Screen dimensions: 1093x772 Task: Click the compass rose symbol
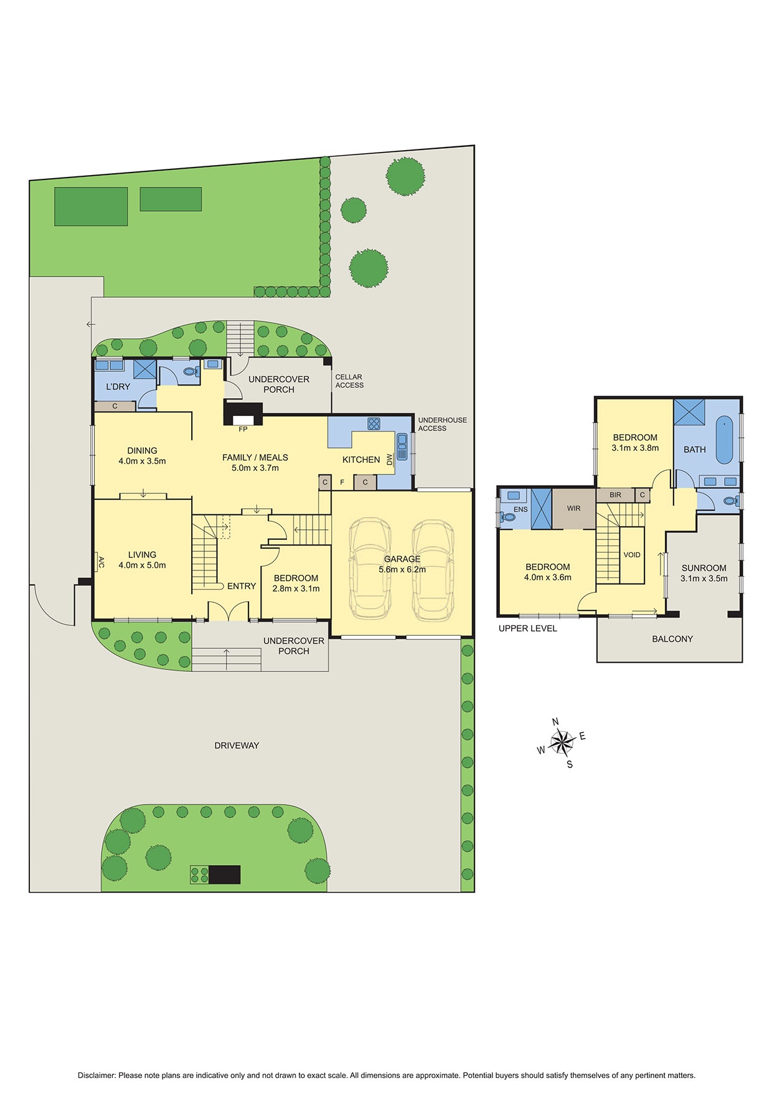click(562, 742)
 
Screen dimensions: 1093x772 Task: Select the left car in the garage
click(370, 569)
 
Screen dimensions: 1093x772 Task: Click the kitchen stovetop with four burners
click(374, 423)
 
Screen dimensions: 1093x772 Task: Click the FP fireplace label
click(243, 429)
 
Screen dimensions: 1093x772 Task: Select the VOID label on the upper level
click(632, 555)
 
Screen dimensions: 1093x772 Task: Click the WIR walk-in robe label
click(573, 508)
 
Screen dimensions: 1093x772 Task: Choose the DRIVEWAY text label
click(237, 745)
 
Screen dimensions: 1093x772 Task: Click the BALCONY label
click(672, 639)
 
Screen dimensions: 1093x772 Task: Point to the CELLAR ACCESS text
click(349, 381)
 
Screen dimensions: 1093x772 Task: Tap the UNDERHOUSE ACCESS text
click(442, 424)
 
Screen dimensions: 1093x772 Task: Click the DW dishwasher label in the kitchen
click(390, 460)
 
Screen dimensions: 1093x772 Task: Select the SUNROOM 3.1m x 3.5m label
click(704, 573)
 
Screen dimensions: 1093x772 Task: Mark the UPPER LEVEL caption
click(527, 628)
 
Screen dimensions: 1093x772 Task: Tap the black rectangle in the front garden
click(224, 874)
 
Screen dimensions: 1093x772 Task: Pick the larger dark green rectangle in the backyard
click(91, 206)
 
